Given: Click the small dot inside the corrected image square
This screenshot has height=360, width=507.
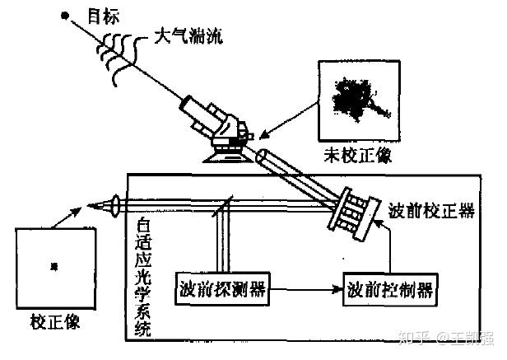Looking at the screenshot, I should coord(53,266).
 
